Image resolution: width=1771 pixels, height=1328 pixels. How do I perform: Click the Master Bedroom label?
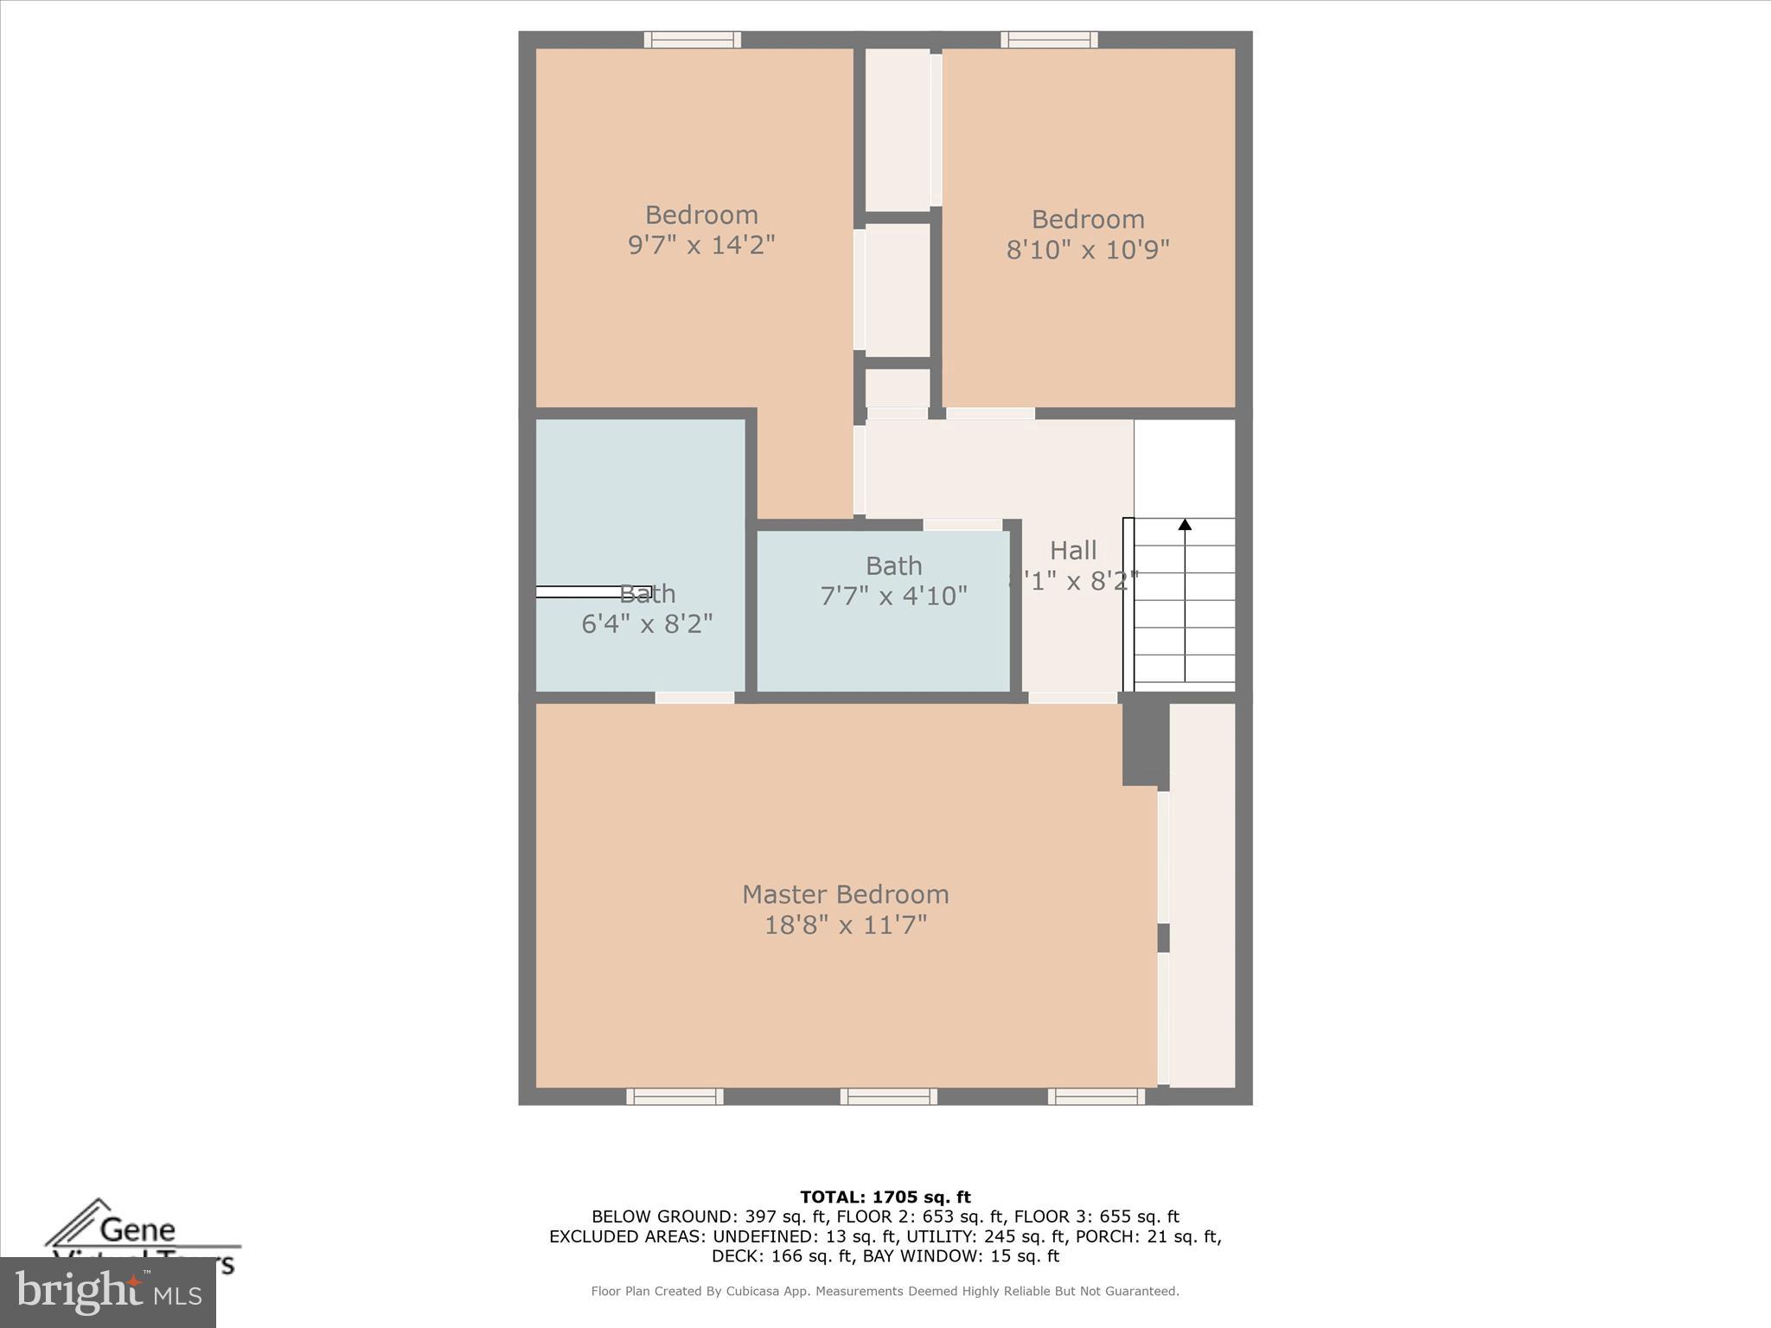(845, 894)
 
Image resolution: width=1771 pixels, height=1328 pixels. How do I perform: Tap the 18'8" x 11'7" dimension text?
(845, 925)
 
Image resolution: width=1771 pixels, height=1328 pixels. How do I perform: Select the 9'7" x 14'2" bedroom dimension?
(700, 246)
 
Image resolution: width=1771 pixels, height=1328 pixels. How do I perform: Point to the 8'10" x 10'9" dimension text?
(1087, 250)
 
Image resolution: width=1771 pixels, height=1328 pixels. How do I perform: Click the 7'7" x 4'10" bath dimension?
(892, 597)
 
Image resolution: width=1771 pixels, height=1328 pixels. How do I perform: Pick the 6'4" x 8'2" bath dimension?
(646, 623)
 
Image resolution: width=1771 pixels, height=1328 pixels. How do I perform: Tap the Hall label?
(1072, 550)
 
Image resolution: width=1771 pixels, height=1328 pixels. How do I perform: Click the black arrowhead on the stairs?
(1185, 525)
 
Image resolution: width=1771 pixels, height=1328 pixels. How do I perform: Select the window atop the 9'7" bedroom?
(692, 40)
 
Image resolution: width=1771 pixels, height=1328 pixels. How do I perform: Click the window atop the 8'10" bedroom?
(1049, 40)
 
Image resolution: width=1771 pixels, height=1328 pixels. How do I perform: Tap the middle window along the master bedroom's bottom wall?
(888, 1096)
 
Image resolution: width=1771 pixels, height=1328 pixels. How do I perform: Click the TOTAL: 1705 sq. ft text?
(885, 1197)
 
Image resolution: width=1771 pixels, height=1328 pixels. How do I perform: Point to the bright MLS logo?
(108, 1292)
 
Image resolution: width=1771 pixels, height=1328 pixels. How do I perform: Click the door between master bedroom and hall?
(1072, 698)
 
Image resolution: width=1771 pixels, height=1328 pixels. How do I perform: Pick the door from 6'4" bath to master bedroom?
(694, 698)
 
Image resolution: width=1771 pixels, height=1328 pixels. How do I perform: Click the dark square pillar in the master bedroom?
(1144, 744)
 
